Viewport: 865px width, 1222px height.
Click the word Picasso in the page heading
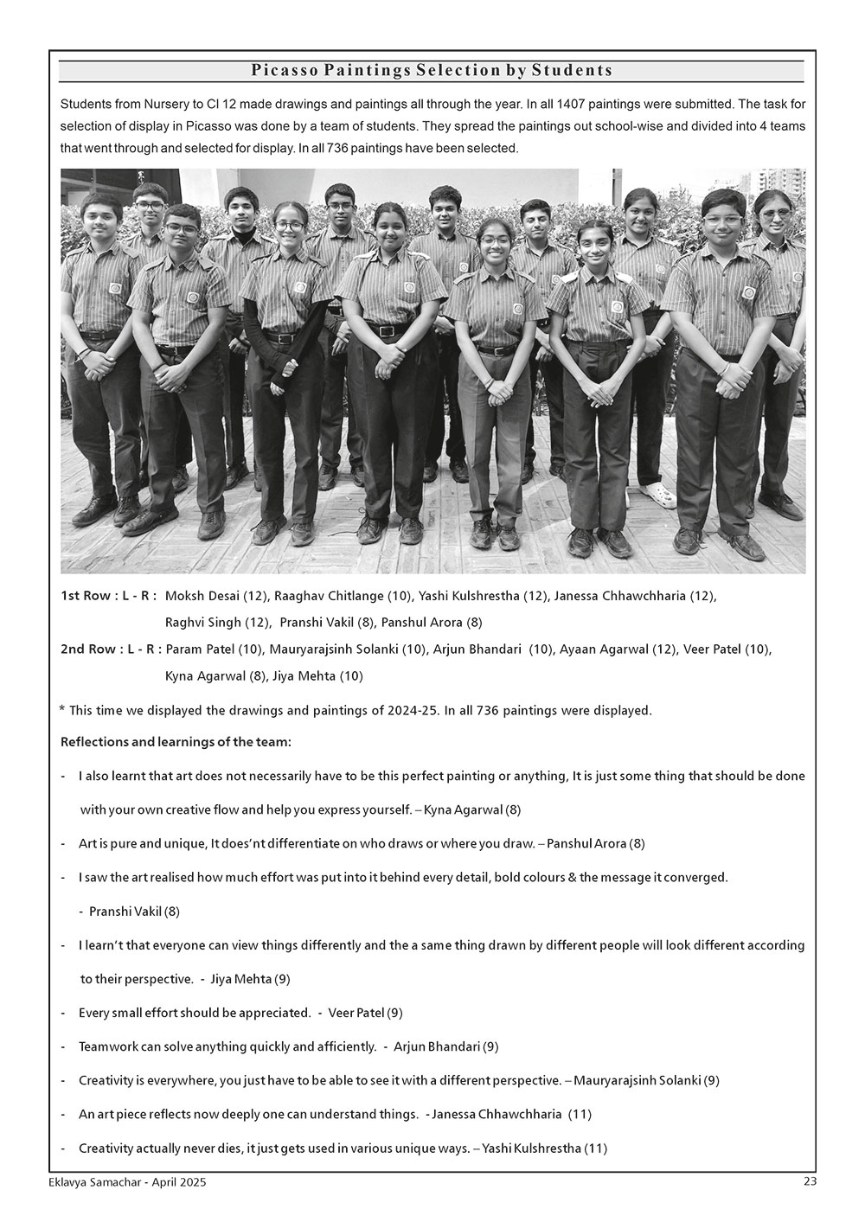tap(283, 71)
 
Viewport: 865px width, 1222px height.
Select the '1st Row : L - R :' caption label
tap(108, 596)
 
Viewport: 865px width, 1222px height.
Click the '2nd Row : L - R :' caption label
tap(110, 649)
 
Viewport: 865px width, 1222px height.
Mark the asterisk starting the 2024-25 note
tap(62, 710)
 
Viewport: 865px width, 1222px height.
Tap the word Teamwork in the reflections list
tap(108, 1046)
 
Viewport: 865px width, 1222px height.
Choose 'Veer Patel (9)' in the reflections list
tap(365, 1013)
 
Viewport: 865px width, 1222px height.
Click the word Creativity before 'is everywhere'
tap(107, 1080)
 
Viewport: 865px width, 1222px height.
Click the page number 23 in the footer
tap(810, 1182)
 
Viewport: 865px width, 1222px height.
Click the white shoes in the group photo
tap(661, 496)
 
